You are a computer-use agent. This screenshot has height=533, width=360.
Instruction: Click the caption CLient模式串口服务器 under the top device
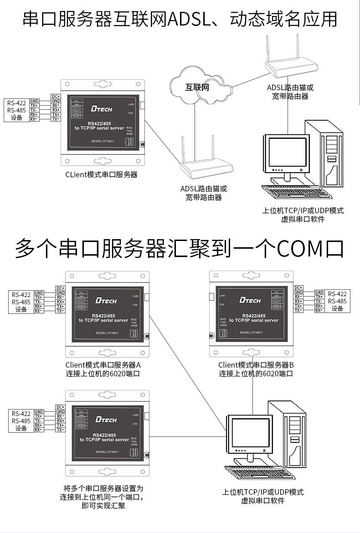(101, 174)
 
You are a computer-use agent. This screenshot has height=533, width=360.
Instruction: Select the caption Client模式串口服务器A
(103, 365)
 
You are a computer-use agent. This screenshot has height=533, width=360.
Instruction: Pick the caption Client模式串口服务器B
(256, 365)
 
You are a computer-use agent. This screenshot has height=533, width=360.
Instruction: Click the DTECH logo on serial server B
(250, 300)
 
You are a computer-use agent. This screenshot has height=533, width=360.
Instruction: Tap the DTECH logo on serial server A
(106, 301)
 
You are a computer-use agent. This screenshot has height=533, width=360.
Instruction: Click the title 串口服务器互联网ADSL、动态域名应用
(180, 19)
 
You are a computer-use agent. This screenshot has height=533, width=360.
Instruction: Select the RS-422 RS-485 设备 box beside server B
(337, 301)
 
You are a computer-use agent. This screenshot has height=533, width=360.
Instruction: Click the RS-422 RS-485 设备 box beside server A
(21, 302)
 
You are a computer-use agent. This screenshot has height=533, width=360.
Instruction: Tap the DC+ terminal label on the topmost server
(56, 96)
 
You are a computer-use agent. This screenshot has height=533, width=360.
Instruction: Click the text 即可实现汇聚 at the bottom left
(103, 506)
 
